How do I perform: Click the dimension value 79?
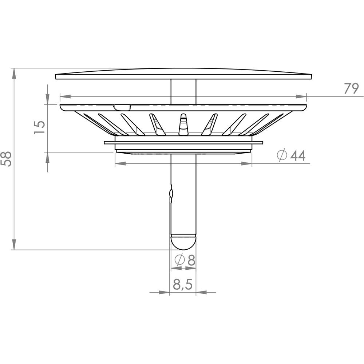click(351, 88)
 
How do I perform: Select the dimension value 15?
click(39, 127)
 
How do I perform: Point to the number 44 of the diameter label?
click(298, 155)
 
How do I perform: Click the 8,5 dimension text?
click(183, 284)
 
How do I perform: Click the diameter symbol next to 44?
click(282, 155)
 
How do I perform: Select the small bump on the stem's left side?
click(171, 193)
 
